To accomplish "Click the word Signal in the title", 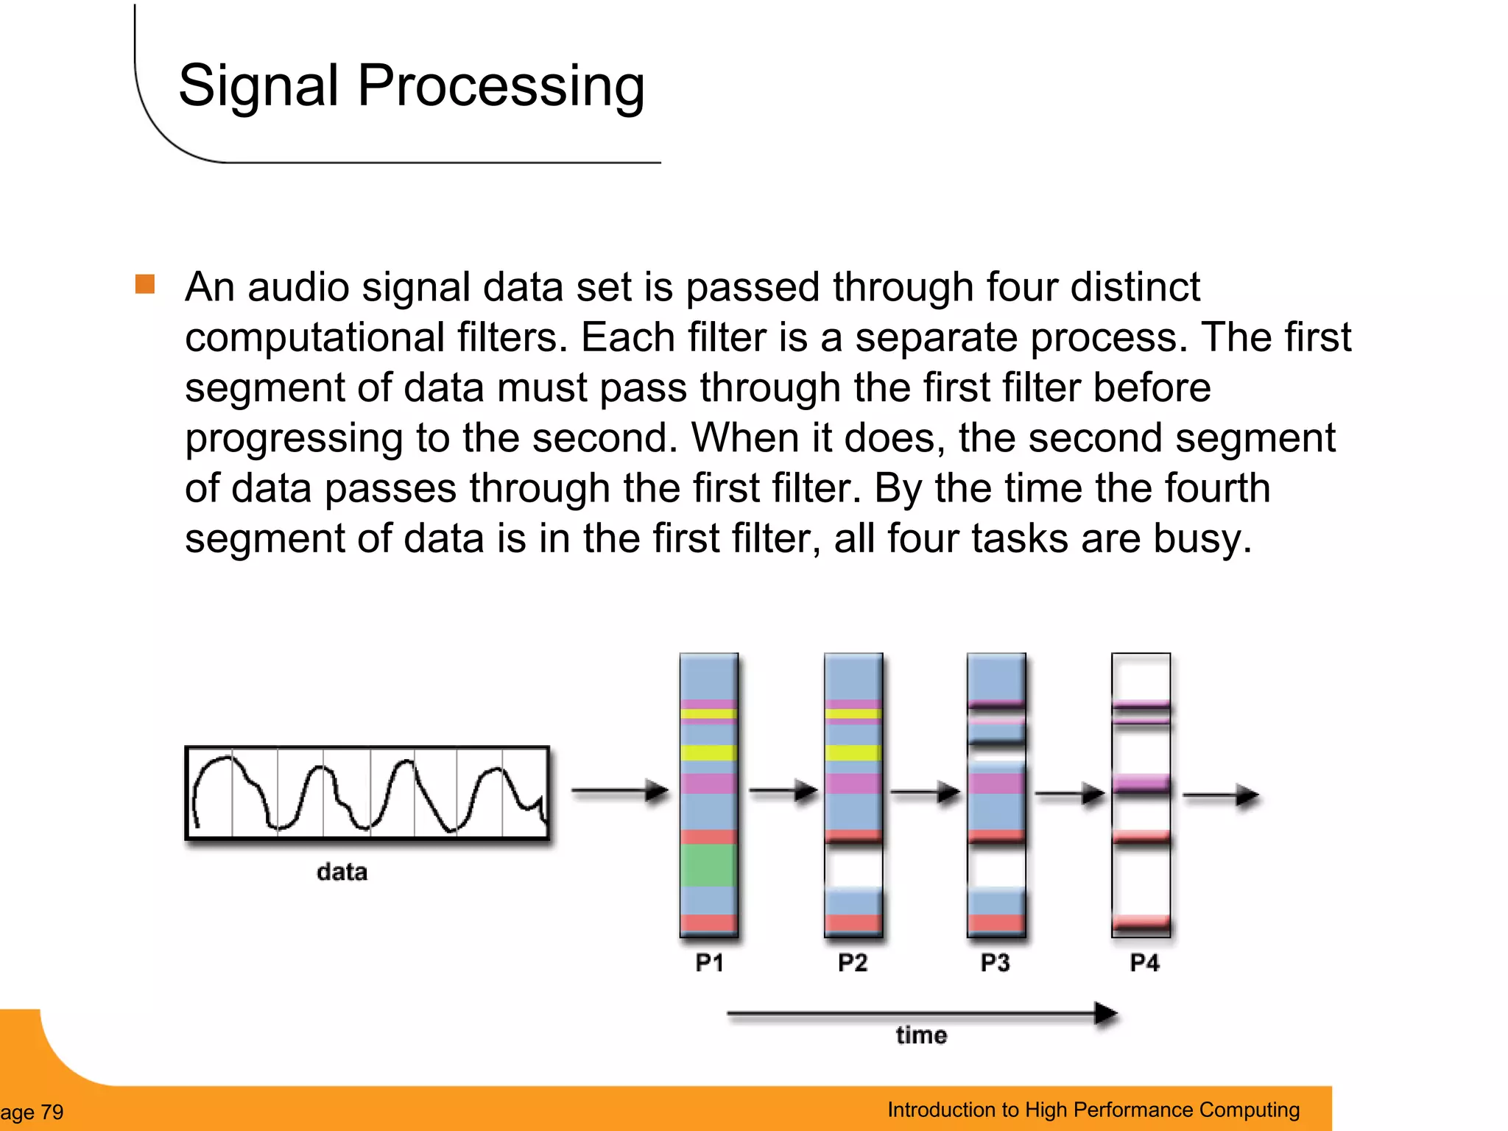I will tap(258, 86).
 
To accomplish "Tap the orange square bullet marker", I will tap(145, 284).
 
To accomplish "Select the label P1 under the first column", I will tap(709, 962).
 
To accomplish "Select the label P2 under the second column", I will tap(853, 962).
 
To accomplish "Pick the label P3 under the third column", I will tap(995, 962).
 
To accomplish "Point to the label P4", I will tap(1144, 962).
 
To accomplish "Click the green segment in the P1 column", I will tap(708, 864).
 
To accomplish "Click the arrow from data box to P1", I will tap(620, 791).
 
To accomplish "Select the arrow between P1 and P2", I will tap(783, 792).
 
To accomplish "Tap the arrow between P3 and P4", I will tap(1070, 794).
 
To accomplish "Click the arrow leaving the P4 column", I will tap(1221, 795).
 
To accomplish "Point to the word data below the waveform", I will tap(342, 872).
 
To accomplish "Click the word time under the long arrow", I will tap(921, 1035).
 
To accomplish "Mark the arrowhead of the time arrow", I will tap(1106, 1014).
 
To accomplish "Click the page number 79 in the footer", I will tap(52, 1112).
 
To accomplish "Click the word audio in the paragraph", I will tap(298, 286).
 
